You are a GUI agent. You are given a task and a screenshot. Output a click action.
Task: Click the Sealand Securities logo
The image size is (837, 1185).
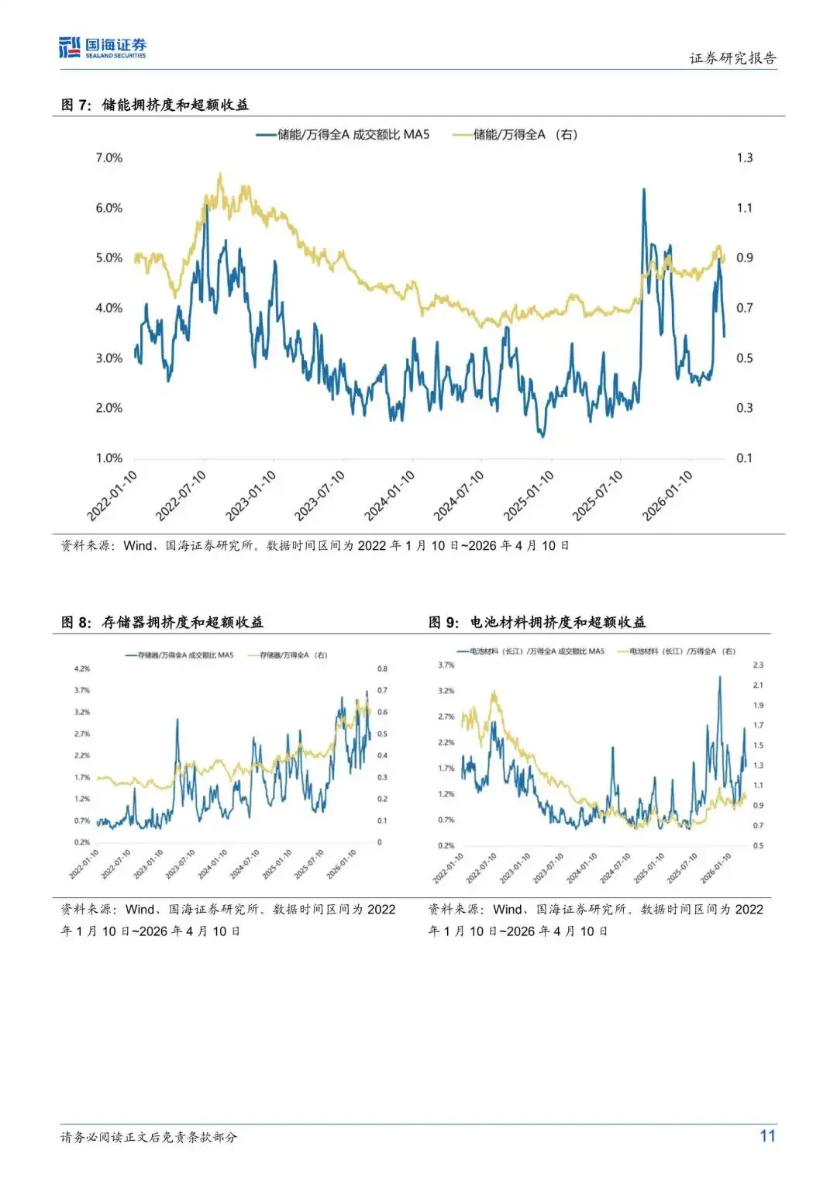(102, 48)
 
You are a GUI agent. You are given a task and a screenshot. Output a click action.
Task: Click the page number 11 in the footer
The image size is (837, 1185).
(767, 1136)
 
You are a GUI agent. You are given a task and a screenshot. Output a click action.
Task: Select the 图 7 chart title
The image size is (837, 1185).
(155, 105)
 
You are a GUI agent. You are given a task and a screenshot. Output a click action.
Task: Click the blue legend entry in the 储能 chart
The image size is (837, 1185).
(343, 135)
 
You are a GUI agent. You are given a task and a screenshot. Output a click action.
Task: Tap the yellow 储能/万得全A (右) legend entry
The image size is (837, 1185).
(515, 135)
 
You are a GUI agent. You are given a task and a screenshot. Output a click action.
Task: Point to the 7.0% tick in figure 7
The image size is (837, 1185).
(108, 158)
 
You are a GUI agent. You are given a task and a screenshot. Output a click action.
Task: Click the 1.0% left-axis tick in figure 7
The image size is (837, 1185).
(108, 458)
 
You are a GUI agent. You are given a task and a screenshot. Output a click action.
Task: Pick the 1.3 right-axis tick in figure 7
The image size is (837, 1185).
(744, 158)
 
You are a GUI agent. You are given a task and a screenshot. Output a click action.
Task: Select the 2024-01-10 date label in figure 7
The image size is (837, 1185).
(390, 496)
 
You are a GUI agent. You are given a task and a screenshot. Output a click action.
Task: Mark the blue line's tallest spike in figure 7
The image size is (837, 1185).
(643, 189)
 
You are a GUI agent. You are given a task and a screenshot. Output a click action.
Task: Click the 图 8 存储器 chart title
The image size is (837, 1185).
(162, 622)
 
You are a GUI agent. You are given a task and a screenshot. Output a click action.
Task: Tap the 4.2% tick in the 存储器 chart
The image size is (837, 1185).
(82, 669)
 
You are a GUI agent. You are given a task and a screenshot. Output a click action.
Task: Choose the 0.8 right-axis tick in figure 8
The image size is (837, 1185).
(382, 669)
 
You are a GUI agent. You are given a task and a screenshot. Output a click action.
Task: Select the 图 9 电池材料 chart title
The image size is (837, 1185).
(537, 622)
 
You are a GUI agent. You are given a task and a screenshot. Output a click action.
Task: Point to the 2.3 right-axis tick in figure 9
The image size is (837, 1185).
(758, 665)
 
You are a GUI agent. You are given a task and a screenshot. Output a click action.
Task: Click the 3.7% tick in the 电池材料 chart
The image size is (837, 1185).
(446, 665)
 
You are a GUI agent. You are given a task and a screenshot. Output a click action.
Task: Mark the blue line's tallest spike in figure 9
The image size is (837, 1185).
(719, 677)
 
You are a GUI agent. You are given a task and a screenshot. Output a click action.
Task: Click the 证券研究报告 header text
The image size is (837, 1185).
(732, 58)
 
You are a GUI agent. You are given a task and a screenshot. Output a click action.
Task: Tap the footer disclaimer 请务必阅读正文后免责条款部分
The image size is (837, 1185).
(149, 1137)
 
